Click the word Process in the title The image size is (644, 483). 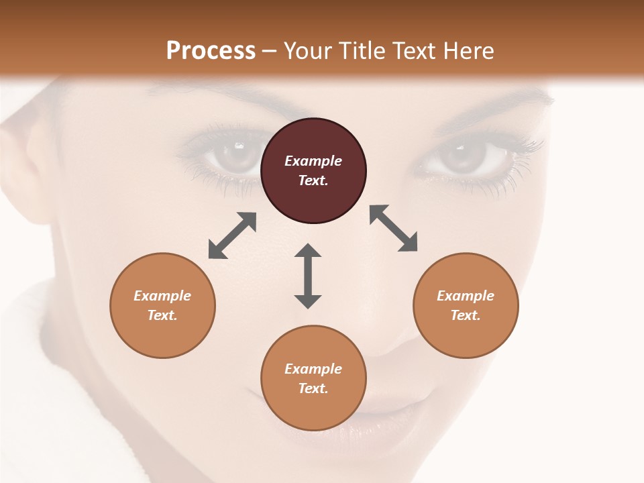(211, 50)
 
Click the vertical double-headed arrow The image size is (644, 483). (308, 276)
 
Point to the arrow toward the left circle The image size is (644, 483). (232, 235)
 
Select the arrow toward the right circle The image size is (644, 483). (394, 228)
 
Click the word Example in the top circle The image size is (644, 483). (313, 161)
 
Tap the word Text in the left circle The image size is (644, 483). (162, 315)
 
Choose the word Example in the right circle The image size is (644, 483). (466, 296)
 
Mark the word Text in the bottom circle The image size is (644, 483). (313, 388)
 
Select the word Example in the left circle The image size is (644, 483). (162, 296)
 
